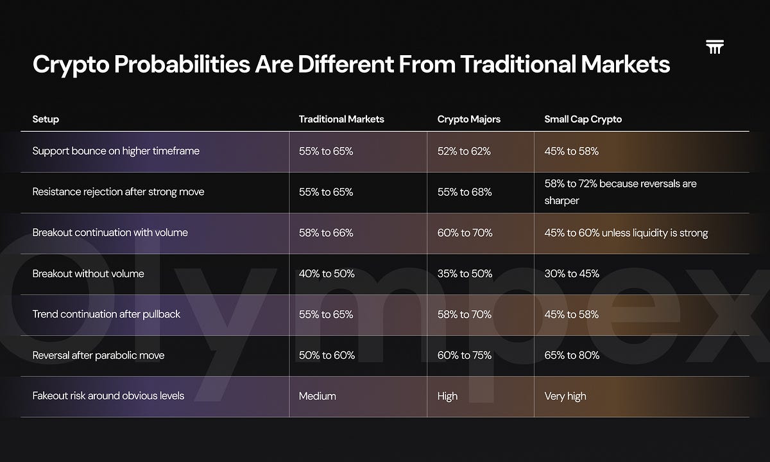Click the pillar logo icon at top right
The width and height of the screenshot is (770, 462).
(715, 47)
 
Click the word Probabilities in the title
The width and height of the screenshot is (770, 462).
(182, 64)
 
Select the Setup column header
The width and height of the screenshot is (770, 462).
(46, 119)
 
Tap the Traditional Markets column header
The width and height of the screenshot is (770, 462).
(341, 119)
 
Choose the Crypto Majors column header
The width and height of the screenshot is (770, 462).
(469, 119)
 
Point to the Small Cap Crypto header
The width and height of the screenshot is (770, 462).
(583, 119)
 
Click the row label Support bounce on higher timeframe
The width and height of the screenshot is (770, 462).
(116, 151)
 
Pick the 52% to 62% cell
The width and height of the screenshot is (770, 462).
(464, 151)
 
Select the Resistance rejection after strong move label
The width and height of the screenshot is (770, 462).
(118, 192)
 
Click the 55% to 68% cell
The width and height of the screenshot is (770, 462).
(465, 192)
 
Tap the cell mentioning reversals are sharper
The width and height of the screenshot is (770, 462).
(620, 192)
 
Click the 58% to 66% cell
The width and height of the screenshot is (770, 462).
(326, 233)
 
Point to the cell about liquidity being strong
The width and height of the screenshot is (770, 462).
(626, 233)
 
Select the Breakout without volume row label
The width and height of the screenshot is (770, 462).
(89, 273)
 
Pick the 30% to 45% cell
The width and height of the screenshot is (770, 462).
(572, 273)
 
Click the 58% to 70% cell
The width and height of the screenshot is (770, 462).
(465, 314)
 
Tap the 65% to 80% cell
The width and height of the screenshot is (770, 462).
(572, 355)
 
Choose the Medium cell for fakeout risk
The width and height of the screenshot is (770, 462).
(317, 396)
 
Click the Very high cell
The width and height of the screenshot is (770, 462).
(565, 397)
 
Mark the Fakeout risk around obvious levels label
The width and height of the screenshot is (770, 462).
(108, 396)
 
